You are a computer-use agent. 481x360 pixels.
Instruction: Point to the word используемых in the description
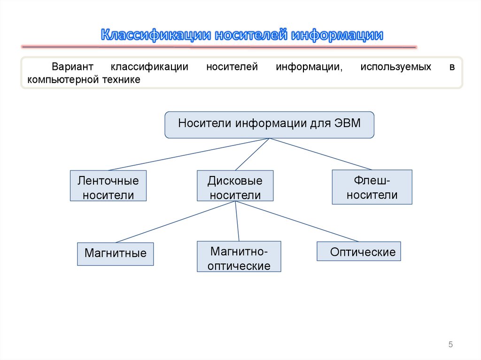[x=396, y=67]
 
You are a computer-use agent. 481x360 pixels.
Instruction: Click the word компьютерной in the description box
[x=60, y=80]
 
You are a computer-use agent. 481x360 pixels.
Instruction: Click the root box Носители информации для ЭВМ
[x=269, y=124]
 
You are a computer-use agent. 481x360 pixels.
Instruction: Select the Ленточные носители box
[x=108, y=186]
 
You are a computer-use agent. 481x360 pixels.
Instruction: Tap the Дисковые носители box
[x=235, y=186]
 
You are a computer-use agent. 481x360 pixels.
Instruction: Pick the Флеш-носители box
[x=372, y=187]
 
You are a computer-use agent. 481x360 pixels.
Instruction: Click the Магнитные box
[x=115, y=253]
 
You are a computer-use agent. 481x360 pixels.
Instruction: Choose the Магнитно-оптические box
[x=239, y=257]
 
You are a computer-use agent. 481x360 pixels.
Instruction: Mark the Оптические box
[x=359, y=252]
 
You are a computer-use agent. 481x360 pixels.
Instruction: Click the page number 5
[x=450, y=345]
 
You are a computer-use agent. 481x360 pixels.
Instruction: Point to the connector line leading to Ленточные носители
[x=188, y=154]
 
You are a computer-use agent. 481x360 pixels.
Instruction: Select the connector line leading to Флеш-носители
[x=319, y=154]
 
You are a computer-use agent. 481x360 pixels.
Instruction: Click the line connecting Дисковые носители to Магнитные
[x=176, y=222]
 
